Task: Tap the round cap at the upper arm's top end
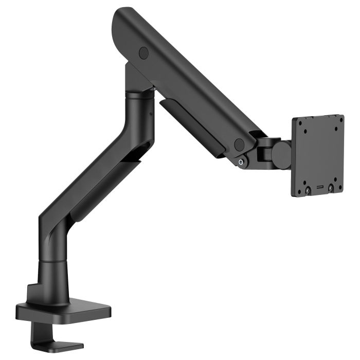143,52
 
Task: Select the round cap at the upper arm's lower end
239,145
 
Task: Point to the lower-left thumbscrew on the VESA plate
308,190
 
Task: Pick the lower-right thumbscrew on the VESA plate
331,188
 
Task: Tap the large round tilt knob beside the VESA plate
281,155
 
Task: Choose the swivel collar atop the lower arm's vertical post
138,94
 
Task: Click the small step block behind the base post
31,293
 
